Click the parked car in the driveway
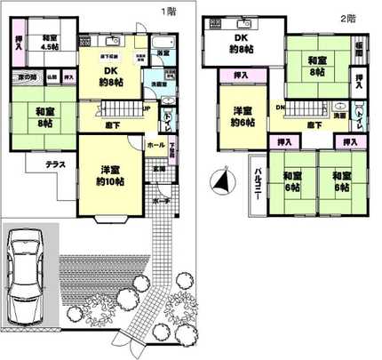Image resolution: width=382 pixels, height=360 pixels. pyautogui.click(x=28, y=279)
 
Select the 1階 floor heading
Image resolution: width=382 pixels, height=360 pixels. pyautogui.click(x=168, y=12)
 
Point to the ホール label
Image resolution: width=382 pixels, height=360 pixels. pyautogui.click(x=155, y=144)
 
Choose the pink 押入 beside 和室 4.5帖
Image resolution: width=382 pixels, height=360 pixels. pyautogui.click(x=19, y=45)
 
